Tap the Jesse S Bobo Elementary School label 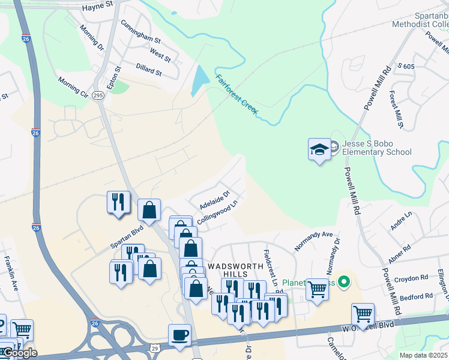point(376,148)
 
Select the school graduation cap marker point(319,150)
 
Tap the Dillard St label point(149,71)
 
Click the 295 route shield point(99,95)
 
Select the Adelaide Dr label point(215,199)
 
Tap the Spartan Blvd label point(127,237)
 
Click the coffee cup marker point(179,335)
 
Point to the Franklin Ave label point(11,282)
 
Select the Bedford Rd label point(415,296)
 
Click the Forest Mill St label point(396,110)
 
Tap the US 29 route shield point(155,348)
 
